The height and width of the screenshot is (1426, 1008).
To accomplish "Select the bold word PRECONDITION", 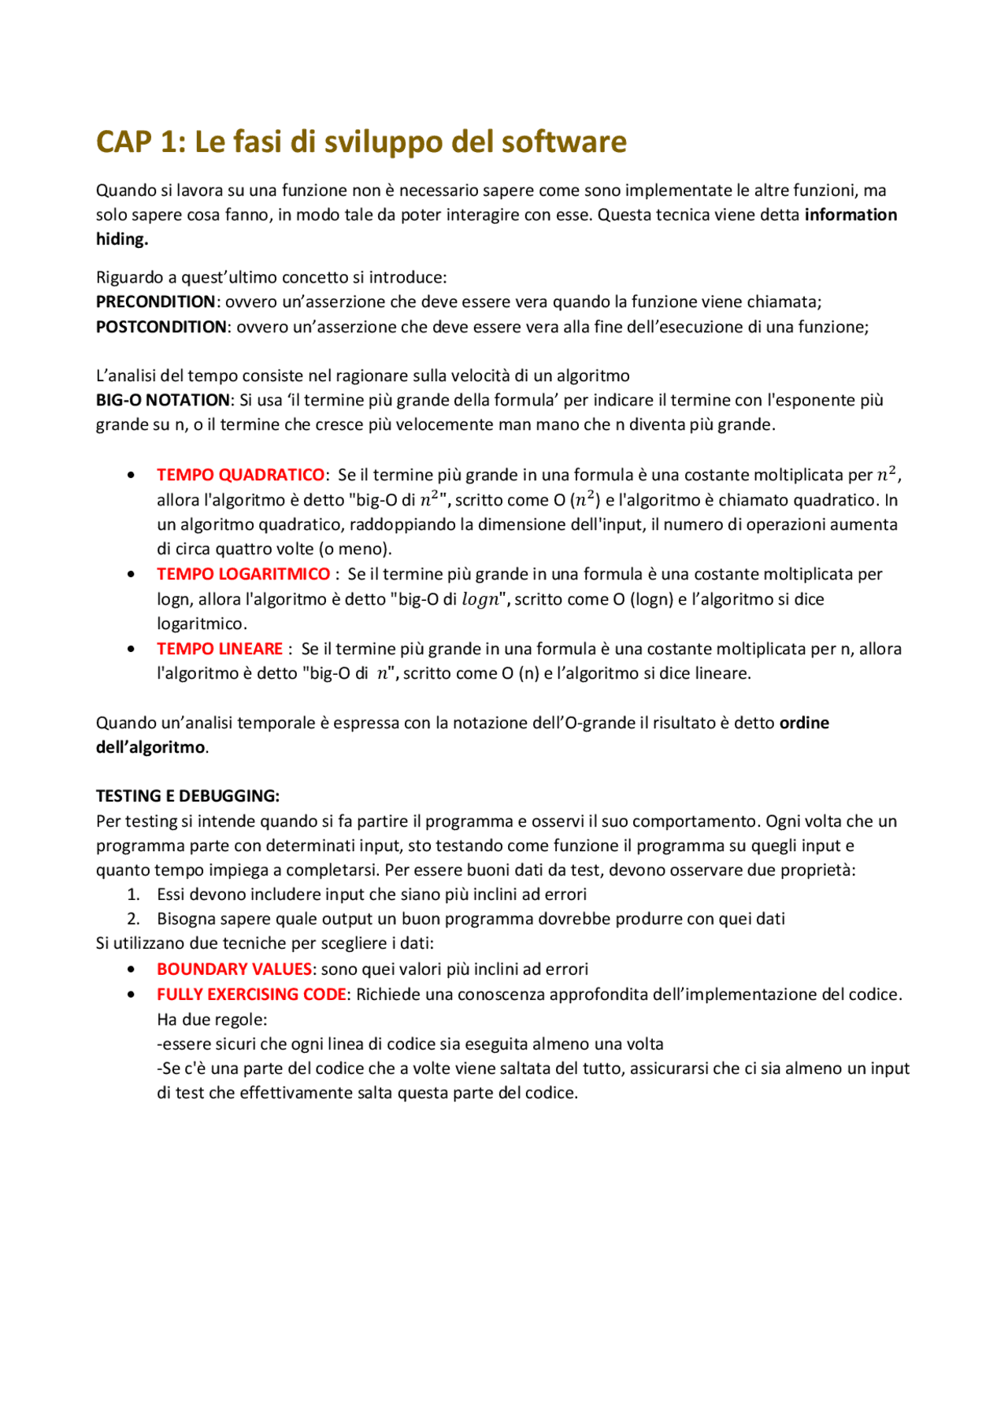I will [x=155, y=302].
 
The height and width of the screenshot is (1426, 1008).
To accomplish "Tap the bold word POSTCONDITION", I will [x=161, y=327].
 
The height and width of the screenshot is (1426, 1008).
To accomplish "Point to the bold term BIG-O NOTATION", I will [x=162, y=400].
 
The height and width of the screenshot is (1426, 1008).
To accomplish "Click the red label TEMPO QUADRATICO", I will [x=240, y=475].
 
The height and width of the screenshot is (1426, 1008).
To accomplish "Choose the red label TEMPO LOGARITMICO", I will [x=243, y=574].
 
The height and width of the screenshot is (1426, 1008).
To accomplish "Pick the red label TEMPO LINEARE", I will [x=219, y=649].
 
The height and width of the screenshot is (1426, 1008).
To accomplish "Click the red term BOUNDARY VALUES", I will [x=234, y=969].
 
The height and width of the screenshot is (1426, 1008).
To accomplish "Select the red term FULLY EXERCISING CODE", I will [x=251, y=994].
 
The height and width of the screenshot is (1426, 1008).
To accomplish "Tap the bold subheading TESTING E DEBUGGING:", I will [x=187, y=796].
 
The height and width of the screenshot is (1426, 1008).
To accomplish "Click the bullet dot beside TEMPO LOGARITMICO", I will [x=131, y=574].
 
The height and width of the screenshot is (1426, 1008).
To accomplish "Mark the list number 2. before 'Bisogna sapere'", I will [x=133, y=919].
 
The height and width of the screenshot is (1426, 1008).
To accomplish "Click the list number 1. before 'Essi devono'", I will [x=133, y=894].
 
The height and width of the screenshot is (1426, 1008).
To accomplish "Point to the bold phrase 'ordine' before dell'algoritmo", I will [x=804, y=723].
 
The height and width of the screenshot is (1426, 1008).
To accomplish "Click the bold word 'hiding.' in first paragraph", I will [x=122, y=239].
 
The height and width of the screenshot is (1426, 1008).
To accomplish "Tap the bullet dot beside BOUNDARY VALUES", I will [x=131, y=969].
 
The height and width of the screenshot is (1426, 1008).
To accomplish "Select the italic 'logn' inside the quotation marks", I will [x=480, y=599].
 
